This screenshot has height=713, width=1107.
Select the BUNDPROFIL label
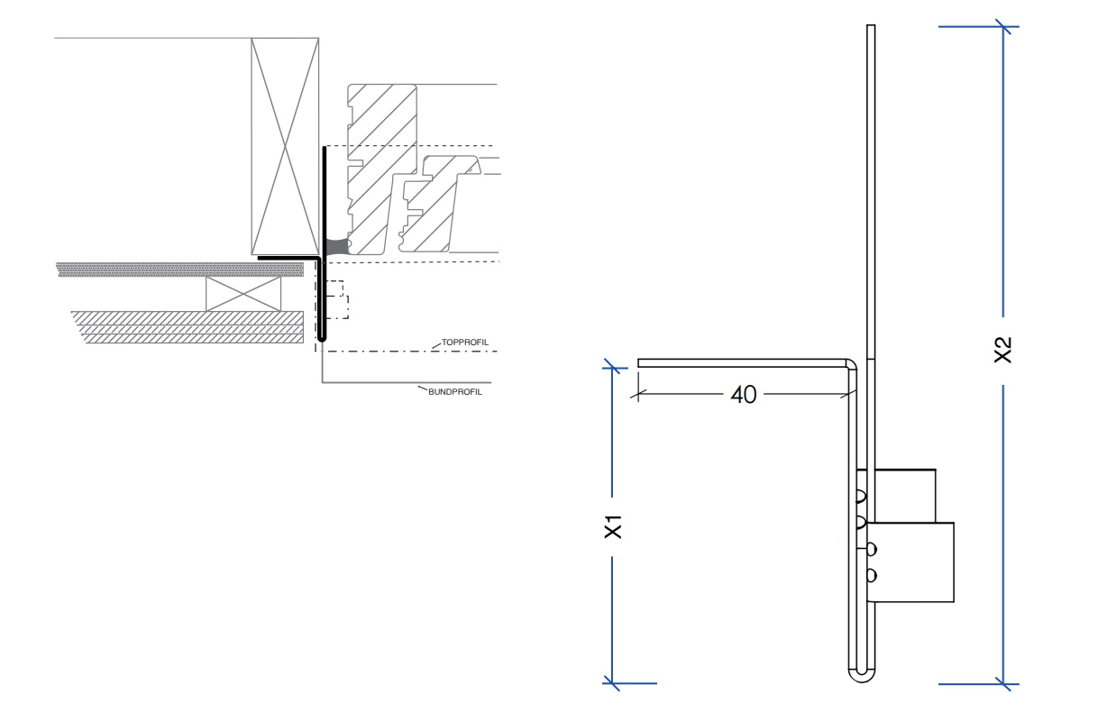[x=455, y=392]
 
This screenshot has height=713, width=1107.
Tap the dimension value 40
[x=743, y=395]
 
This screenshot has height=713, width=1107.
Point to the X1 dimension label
[x=614, y=526]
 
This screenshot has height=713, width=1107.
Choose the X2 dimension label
[x=1003, y=351]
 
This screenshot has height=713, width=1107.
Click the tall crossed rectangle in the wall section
[x=285, y=144]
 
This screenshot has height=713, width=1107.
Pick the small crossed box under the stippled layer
[x=243, y=293]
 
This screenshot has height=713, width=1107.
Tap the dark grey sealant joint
[x=336, y=246]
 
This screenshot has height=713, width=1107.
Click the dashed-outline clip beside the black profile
[x=336, y=299]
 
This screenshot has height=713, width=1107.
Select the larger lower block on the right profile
[x=912, y=562]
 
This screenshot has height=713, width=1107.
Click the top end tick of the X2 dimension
[x=1004, y=27]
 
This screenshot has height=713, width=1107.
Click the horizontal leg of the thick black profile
[x=288, y=258]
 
